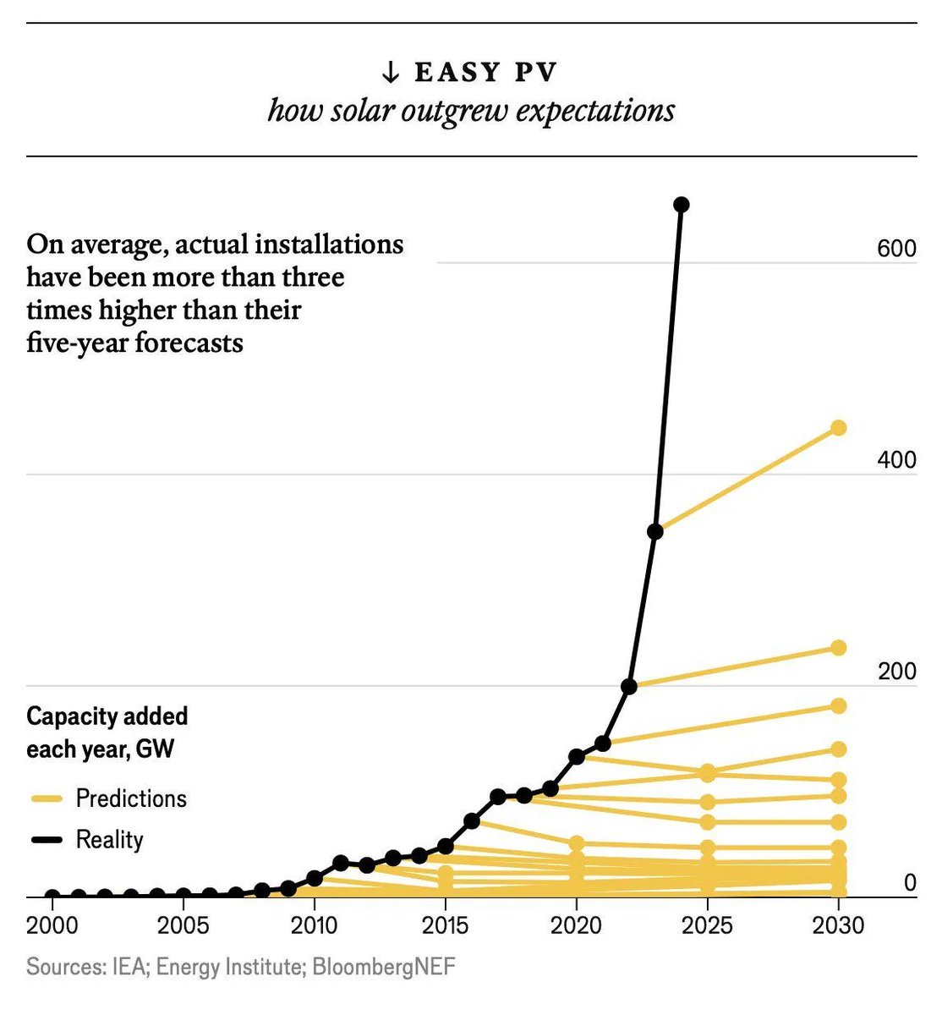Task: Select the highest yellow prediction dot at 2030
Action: [x=838, y=428]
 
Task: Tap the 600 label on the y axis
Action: [x=896, y=249]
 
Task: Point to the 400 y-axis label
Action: [x=896, y=460]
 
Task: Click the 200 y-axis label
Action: [x=896, y=672]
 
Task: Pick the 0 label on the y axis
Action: [x=909, y=883]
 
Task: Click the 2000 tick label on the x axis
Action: [x=52, y=924]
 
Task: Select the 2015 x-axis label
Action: [x=445, y=924]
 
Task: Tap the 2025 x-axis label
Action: [x=707, y=924]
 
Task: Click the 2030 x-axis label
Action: [x=837, y=924]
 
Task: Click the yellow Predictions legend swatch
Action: [x=47, y=798]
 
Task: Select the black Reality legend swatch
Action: [x=47, y=840]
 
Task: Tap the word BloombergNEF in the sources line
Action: [x=383, y=967]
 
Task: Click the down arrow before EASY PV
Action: [x=390, y=73]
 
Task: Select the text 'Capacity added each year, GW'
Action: [x=107, y=732]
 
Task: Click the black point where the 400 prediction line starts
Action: [x=654, y=531]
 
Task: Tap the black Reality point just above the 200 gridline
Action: [x=628, y=686]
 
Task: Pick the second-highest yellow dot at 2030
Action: [x=838, y=648]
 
